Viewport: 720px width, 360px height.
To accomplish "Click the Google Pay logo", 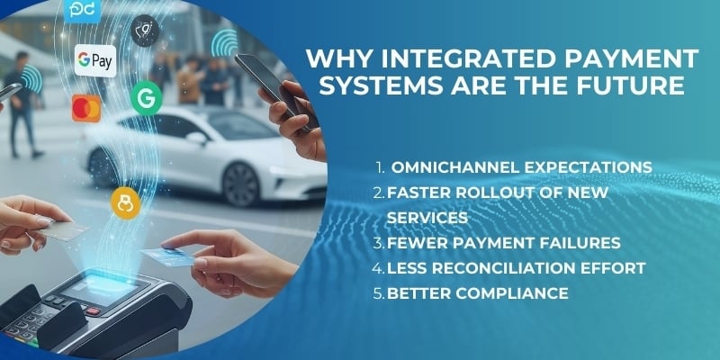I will [95, 59].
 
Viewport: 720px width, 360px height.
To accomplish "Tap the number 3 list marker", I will [380, 243].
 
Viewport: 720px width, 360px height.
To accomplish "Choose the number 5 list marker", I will [380, 293].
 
